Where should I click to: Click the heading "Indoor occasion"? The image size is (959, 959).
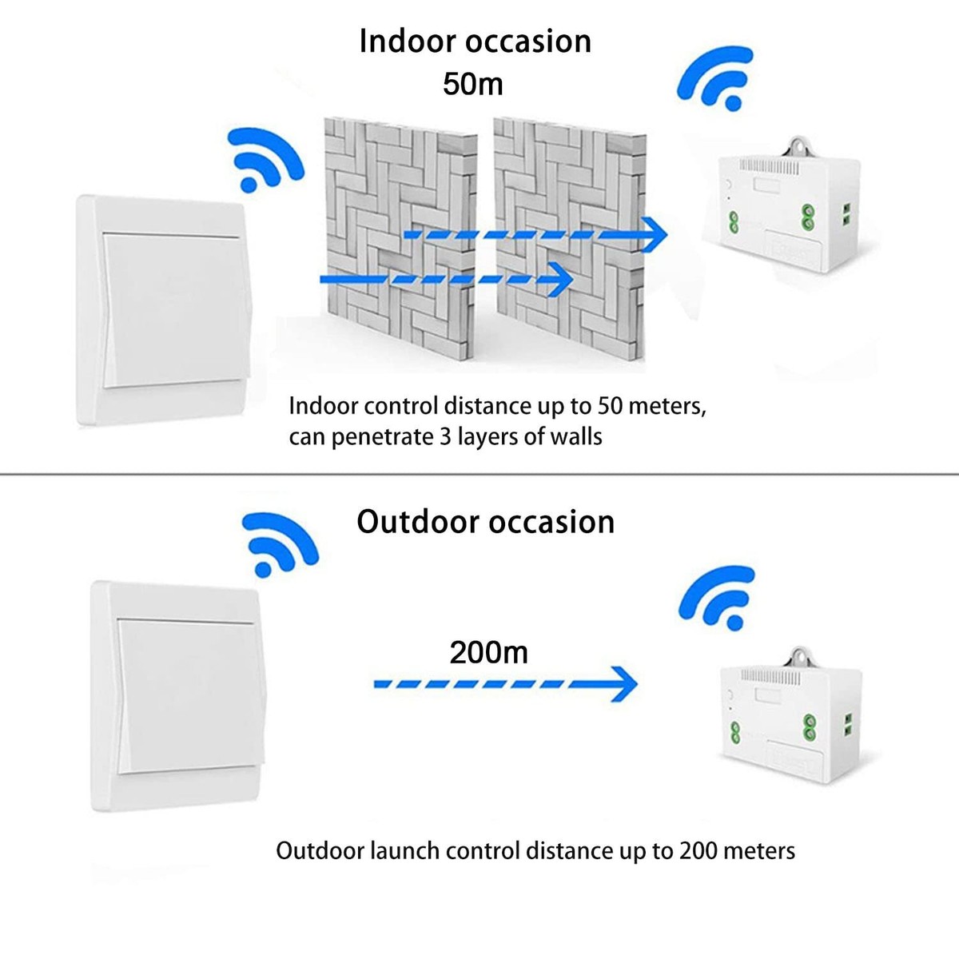point(475,42)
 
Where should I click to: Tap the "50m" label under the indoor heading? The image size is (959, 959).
point(473,83)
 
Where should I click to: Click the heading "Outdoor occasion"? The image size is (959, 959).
point(485,522)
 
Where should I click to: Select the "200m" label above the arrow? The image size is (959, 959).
point(488,652)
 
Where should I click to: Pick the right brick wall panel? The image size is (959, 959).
point(568,240)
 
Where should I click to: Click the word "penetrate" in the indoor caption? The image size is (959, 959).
point(380,437)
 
